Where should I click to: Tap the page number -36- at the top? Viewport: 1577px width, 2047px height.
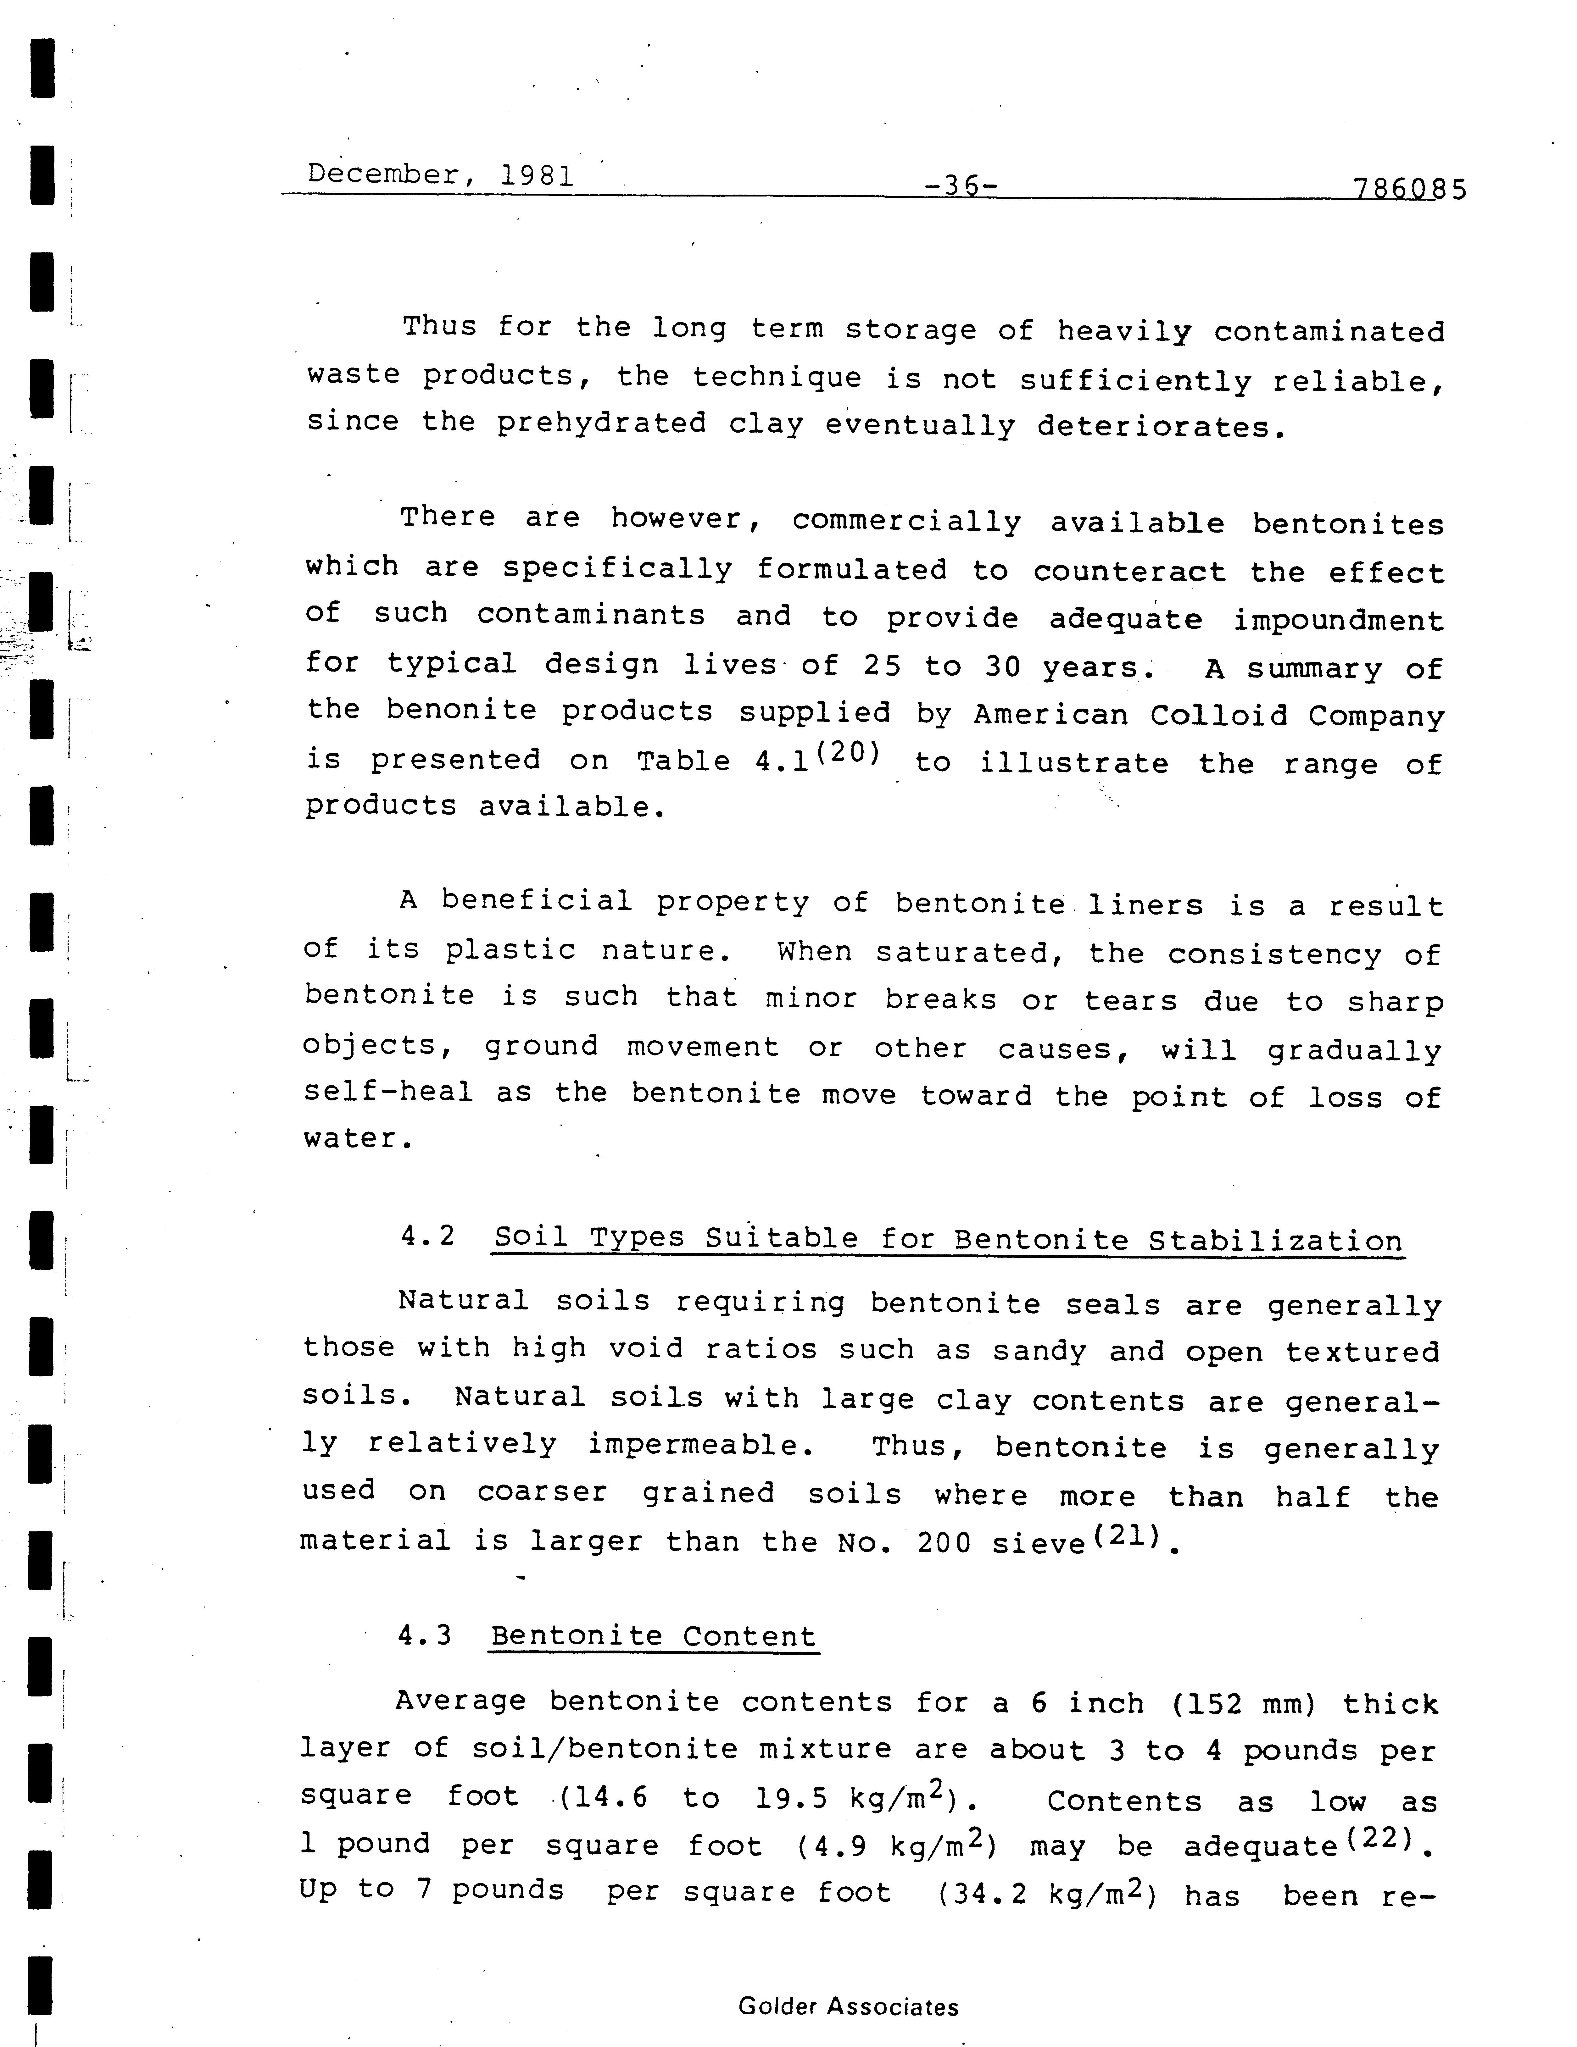(960, 185)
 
